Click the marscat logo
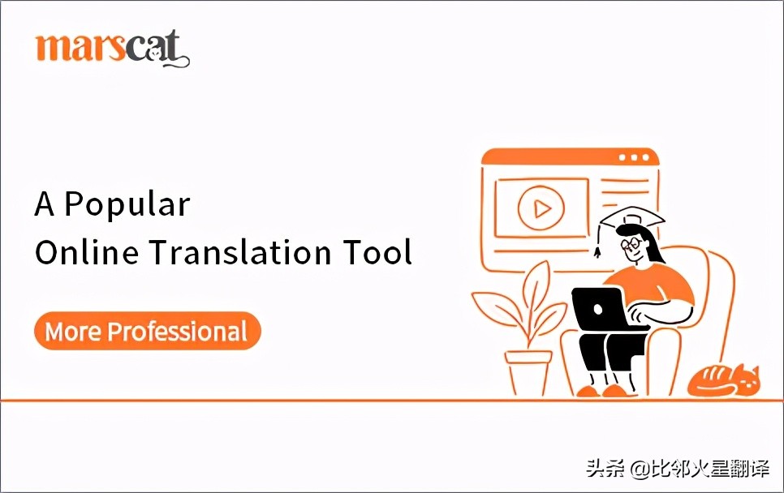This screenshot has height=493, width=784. click(112, 49)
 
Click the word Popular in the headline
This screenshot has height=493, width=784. click(127, 204)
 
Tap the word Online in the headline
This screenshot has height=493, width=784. click(80, 252)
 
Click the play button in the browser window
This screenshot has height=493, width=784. click(541, 209)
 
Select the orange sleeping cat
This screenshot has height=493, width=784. click(722, 380)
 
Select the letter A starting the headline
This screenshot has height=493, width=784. click(45, 204)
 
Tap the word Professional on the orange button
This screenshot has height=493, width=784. click(178, 332)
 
